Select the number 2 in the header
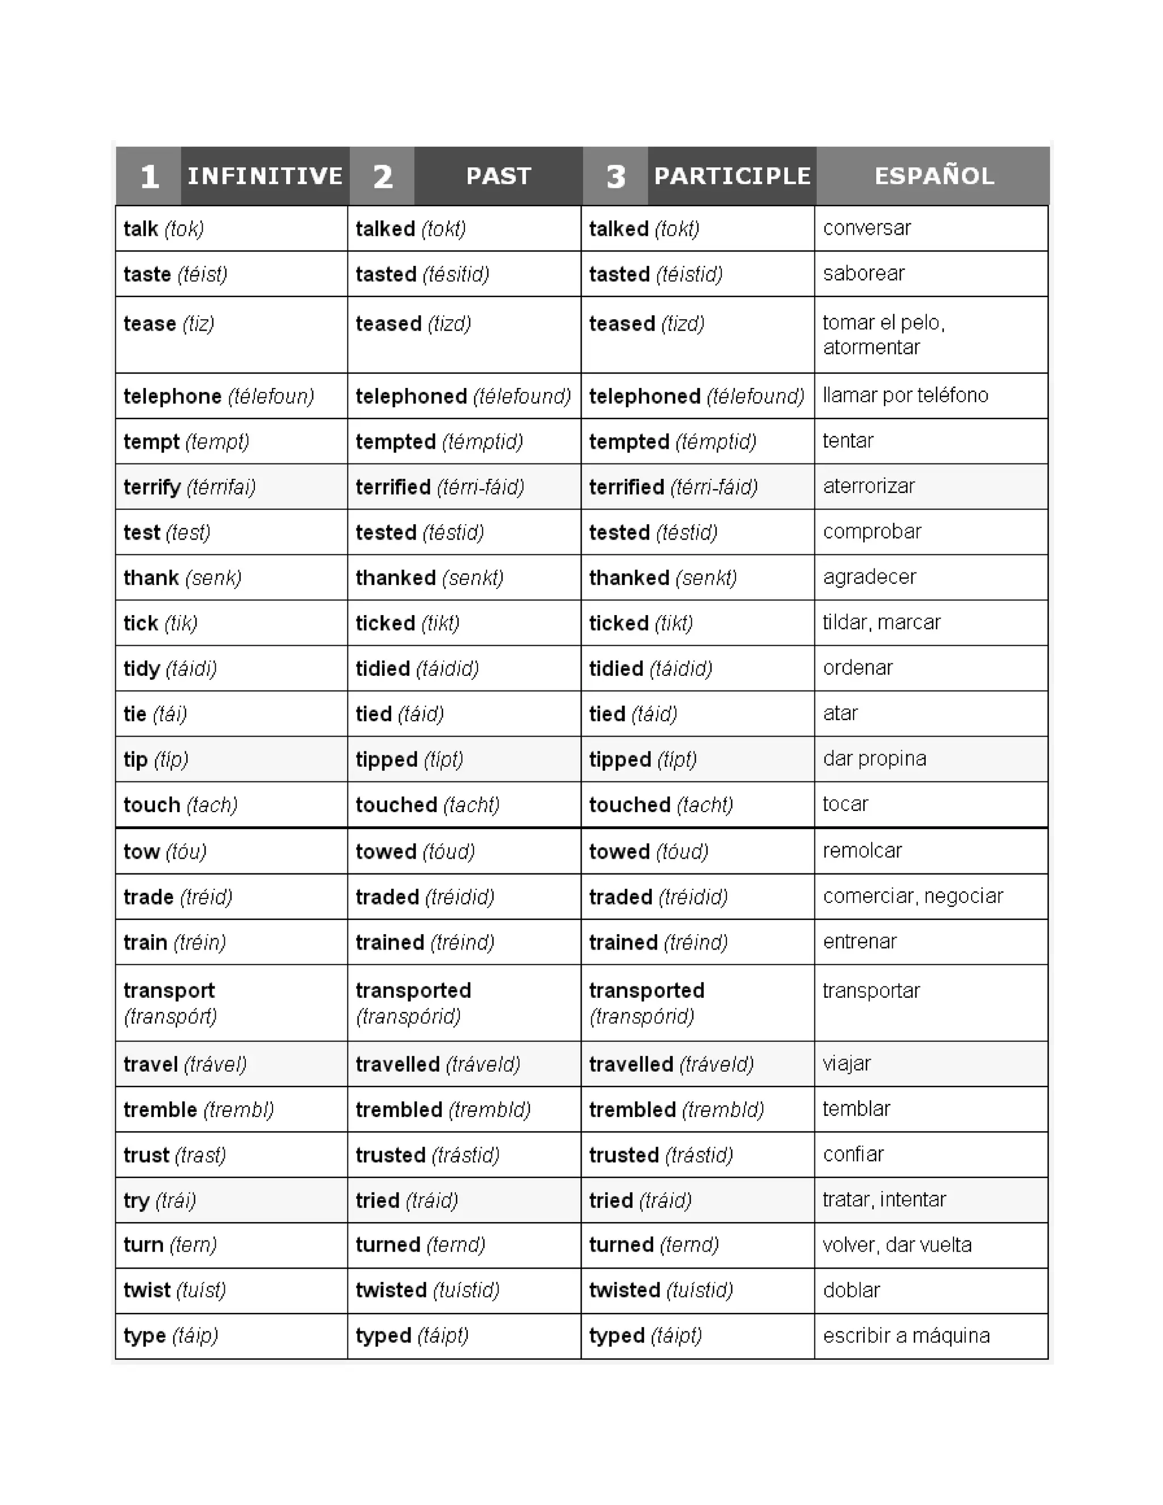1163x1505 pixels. click(x=382, y=177)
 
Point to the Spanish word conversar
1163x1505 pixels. click(x=867, y=228)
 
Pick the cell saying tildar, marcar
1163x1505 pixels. click(x=881, y=622)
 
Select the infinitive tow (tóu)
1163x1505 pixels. click(x=165, y=852)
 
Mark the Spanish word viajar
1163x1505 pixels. click(x=847, y=1063)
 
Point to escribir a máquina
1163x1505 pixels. click(x=906, y=1336)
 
